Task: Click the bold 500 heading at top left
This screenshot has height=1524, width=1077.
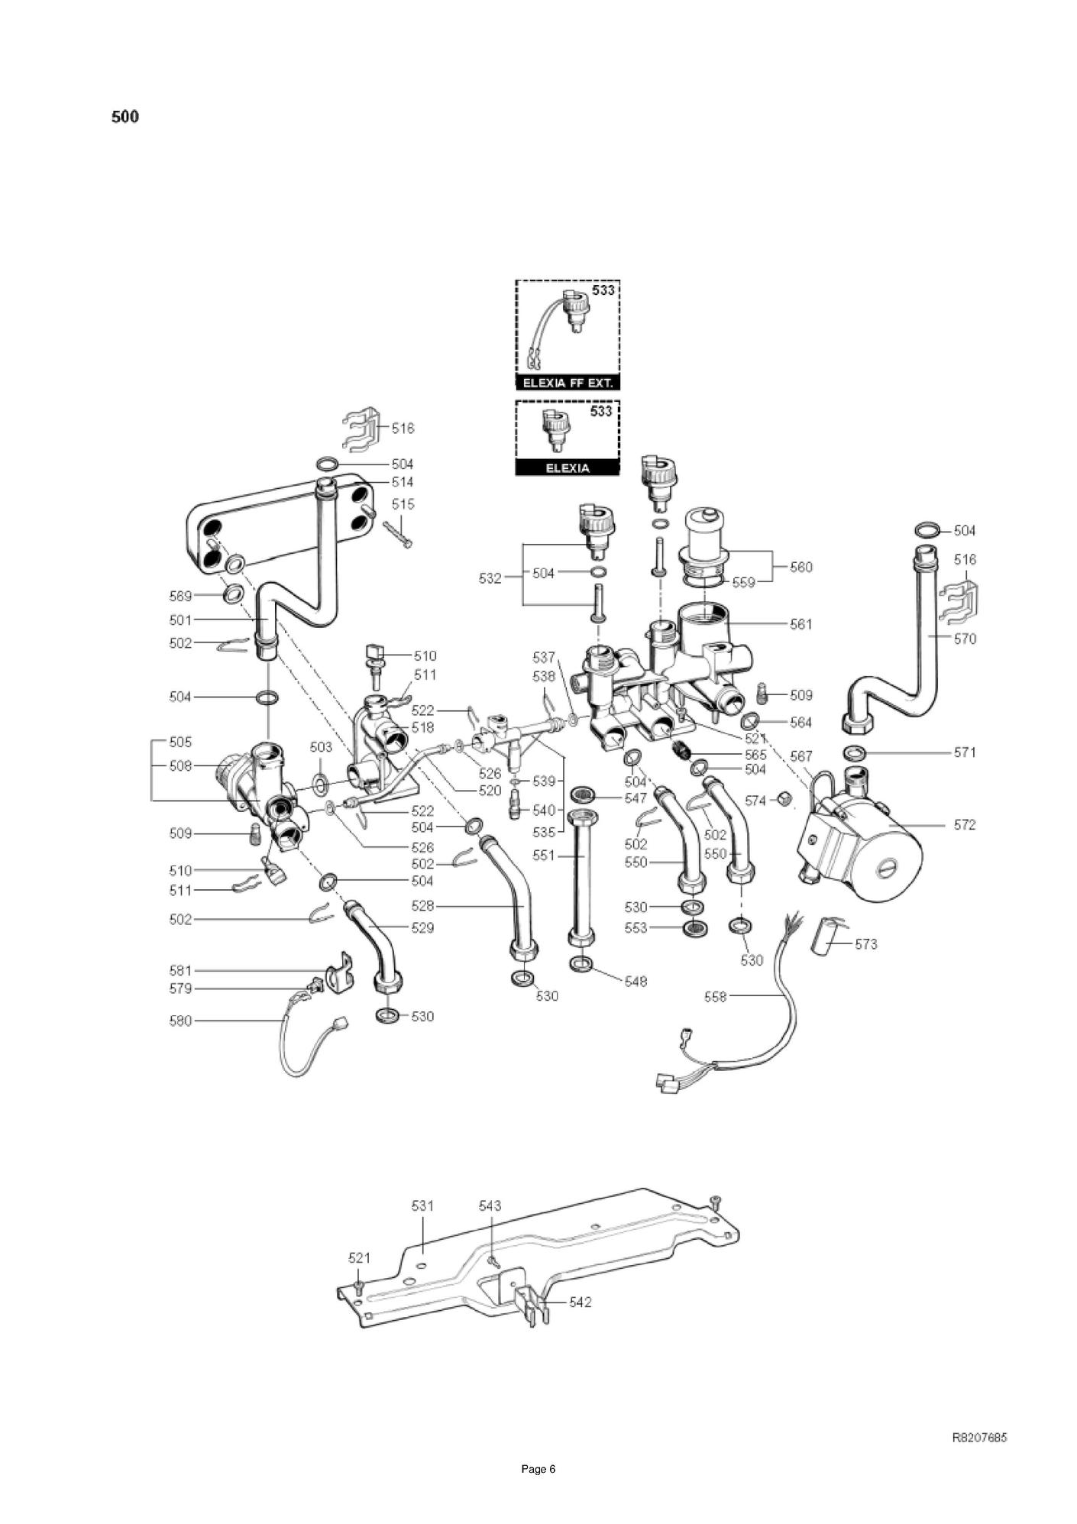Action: tap(125, 117)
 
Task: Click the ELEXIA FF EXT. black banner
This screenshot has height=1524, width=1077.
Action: tap(567, 383)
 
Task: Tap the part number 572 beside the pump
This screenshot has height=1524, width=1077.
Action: tap(965, 825)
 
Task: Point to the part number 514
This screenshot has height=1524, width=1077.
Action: tap(403, 482)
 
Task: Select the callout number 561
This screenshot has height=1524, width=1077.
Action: tap(801, 624)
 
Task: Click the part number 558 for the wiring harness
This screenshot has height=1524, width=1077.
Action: tap(716, 996)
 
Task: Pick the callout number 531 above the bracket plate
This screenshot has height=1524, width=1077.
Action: tap(422, 1205)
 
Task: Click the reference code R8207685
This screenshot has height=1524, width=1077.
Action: tap(979, 1438)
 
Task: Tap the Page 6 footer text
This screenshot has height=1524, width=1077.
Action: tap(538, 1469)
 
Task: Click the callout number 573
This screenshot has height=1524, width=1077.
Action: tap(865, 944)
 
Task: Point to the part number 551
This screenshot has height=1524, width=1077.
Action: tap(543, 856)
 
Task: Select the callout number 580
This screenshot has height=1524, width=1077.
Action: tap(180, 1021)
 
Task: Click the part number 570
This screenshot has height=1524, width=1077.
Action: tap(965, 639)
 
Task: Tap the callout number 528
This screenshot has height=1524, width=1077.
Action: tap(422, 906)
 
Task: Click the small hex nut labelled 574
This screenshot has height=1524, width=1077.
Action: tap(781, 799)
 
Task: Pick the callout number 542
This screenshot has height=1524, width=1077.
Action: tap(581, 1302)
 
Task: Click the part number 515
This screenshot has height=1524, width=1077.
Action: tap(403, 504)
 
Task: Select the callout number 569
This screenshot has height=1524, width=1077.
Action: tap(180, 595)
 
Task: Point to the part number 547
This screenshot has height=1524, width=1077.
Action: tap(636, 798)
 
